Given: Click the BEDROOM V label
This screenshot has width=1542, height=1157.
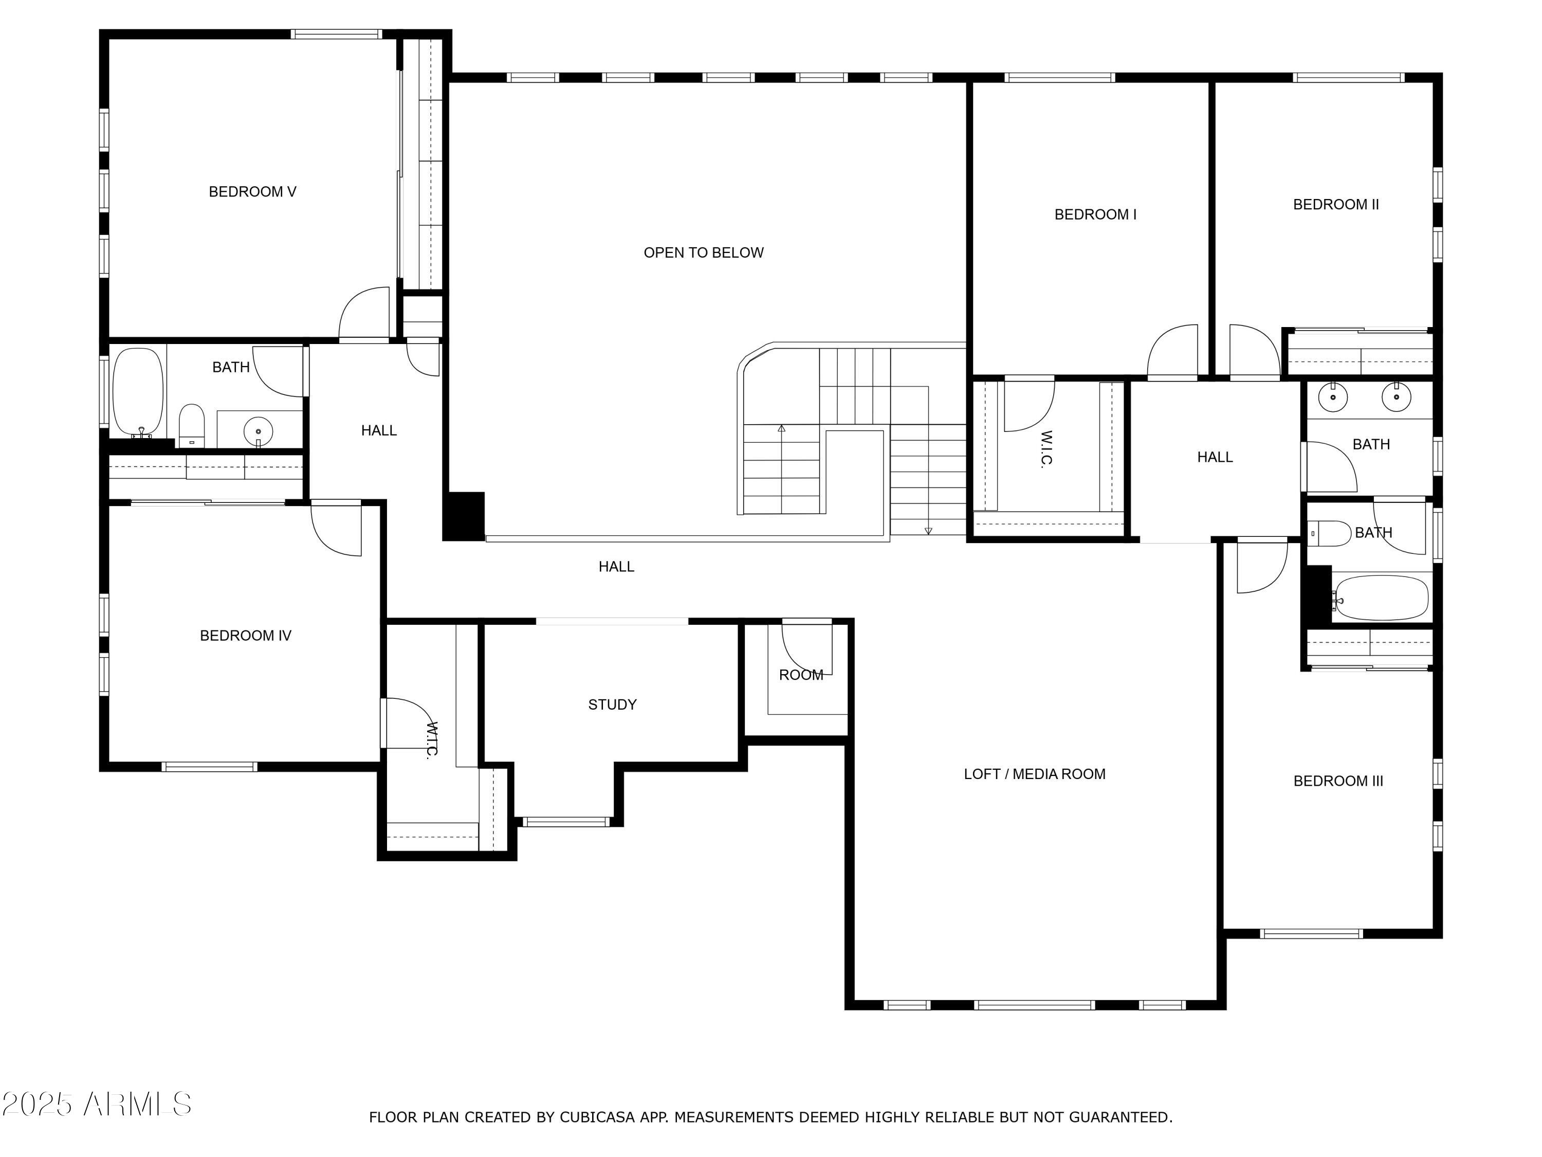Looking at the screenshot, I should click(x=252, y=192).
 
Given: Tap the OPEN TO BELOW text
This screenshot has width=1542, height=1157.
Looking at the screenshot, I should click(x=703, y=252).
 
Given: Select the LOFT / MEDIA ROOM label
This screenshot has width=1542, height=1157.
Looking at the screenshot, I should click(x=1035, y=774).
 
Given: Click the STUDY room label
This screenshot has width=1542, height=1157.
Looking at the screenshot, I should click(x=612, y=704).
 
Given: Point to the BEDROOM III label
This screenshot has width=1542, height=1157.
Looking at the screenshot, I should click(x=1338, y=781).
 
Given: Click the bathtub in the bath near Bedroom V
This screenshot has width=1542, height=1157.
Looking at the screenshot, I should click(x=138, y=392).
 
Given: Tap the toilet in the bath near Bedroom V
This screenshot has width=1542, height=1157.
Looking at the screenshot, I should click(x=192, y=425).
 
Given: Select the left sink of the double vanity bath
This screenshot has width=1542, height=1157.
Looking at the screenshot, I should click(x=1333, y=397).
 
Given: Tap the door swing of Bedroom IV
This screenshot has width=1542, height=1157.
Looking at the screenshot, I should click(x=337, y=529).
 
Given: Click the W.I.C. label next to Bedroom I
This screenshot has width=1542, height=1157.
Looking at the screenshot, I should click(x=1045, y=449).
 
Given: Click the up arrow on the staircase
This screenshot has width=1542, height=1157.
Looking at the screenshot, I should click(x=781, y=428).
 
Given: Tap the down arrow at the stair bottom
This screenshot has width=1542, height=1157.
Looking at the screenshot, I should click(x=928, y=531).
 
